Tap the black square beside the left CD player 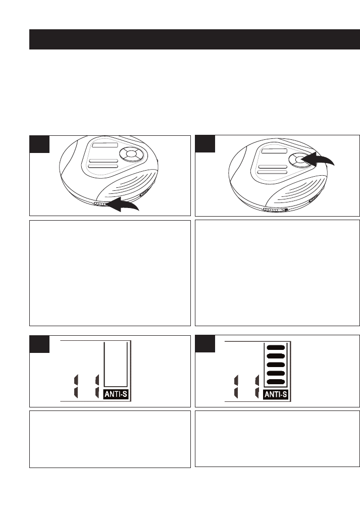(x=39, y=144)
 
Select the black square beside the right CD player (x=204, y=144)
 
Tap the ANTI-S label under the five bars (x=277, y=395)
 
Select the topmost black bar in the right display (x=276, y=348)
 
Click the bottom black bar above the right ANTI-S (x=276, y=383)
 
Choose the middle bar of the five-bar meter (x=276, y=365)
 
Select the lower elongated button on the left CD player (x=102, y=166)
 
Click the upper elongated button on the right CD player (x=272, y=167)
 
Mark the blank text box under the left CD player (x=110, y=273)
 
